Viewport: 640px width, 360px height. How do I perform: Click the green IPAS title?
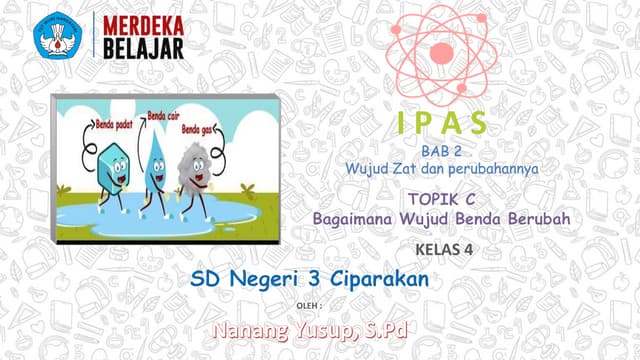pyautogui.click(x=440, y=123)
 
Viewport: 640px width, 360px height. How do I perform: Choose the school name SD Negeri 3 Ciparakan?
pyautogui.click(x=309, y=280)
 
